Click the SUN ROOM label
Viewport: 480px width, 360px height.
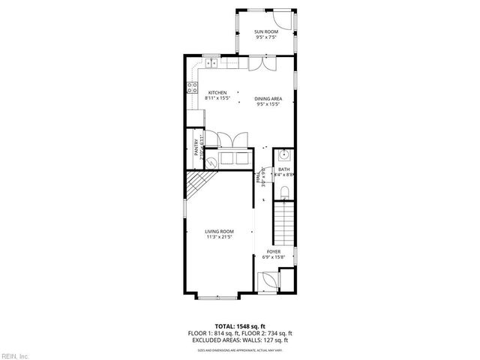[x=267, y=31]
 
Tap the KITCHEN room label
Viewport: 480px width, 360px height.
[x=217, y=92]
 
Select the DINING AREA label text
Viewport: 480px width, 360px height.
[x=268, y=99]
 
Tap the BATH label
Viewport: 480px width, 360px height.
[x=283, y=169]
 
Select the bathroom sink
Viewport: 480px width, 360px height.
[x=283, y=155]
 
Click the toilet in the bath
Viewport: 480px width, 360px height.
[x=283, y=194]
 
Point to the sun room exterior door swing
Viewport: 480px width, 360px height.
[x=279, y=19]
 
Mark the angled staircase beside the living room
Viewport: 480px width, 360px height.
[x=199, y=184]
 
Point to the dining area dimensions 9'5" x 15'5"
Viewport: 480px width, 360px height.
[x=268, y=105]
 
